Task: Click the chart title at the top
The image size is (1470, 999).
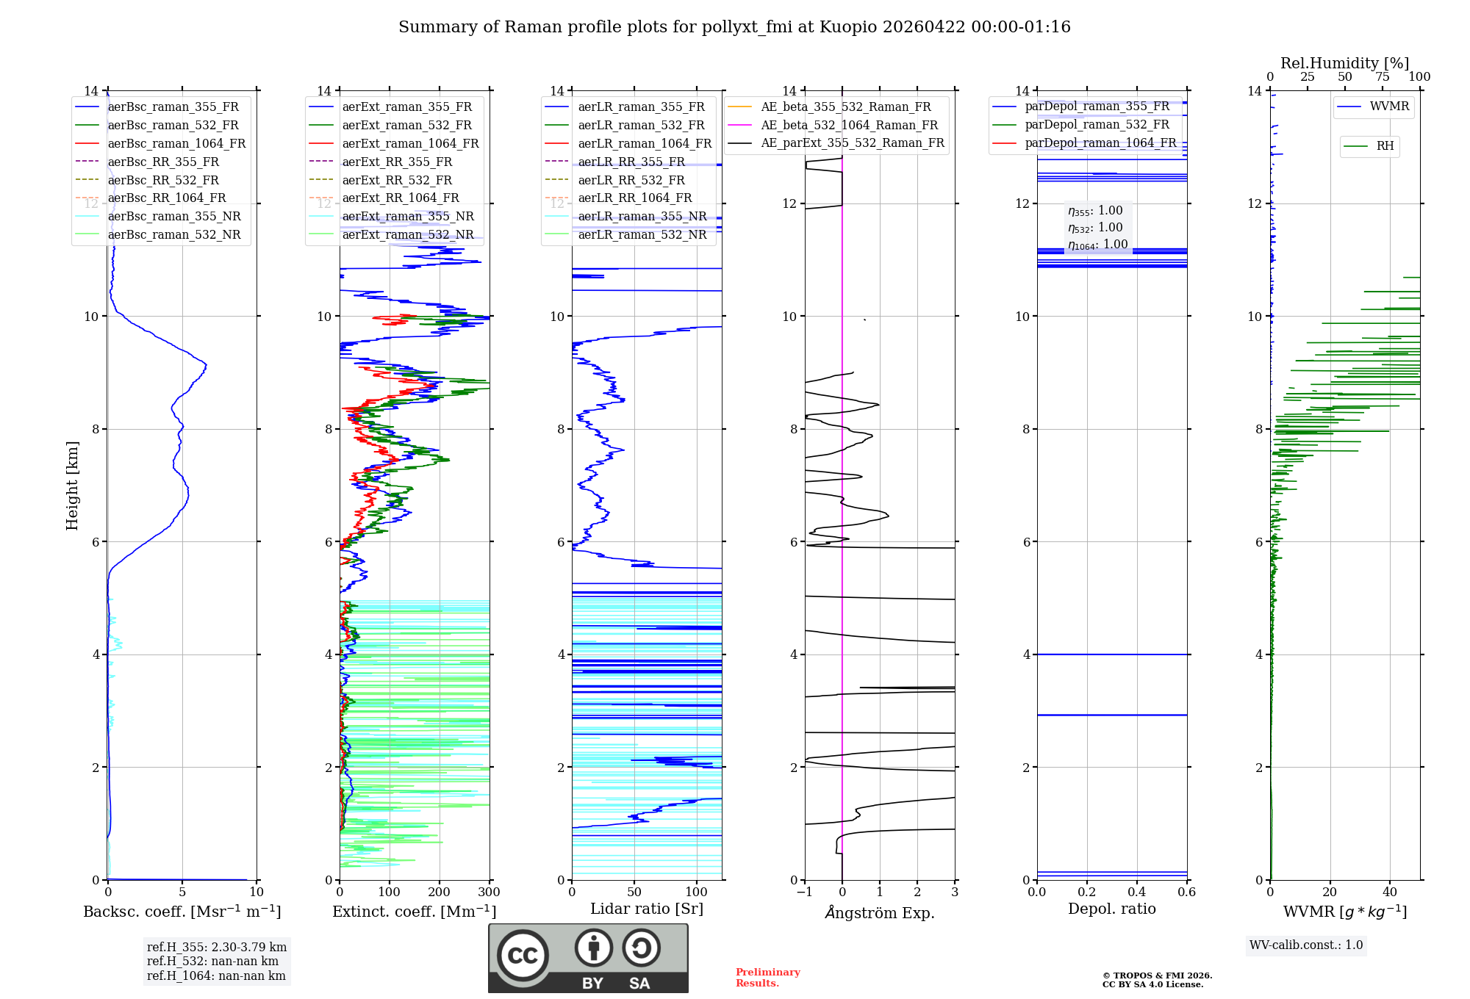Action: pyautogui.click(x=734, y=27)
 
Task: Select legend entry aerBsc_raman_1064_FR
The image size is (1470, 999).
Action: pyautogui.click(x=176, y=143)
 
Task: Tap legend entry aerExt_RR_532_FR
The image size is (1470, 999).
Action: pyautogui.click(x=397, y=180)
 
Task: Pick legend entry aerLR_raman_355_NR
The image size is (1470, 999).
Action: pyautogui.click(x=642, y=216)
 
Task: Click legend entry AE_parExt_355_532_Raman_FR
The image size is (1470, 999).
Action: pyautogui.click(x=852, y=143)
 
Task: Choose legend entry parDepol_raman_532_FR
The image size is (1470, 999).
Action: pyautogui.click(x=1097, y=125)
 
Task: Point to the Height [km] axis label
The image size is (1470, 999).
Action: pyautogui.click(x=72, y=485)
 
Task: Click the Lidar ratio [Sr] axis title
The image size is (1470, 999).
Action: pyautogui.click(x=647, y=909)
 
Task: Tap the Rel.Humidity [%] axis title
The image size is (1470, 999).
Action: pyautogui.click(x=1344, y=63)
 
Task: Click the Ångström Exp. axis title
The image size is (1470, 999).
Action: pyautogui.click(x=880, y=912)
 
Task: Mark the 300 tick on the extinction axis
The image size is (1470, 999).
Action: pyautogui.click(x=489, y=892)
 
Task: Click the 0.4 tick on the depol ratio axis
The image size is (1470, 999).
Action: pyautogui.click(x=1137, y=892)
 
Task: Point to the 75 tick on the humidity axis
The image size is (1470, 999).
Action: pyautogui.click(x=1383, y=77)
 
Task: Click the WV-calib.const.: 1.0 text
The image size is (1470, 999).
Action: pyautogui.click(x=1306, y=945)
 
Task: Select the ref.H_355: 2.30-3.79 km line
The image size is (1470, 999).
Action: pyautogui.click(x=216, y=947)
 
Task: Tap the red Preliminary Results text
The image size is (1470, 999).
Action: pyautogui.click(x=767, y=977)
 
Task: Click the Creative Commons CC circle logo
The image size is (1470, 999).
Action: pyautogui.click(x=523, y=956)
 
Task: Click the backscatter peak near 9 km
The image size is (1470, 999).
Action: pyautogui.click(x=206, y=365)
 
